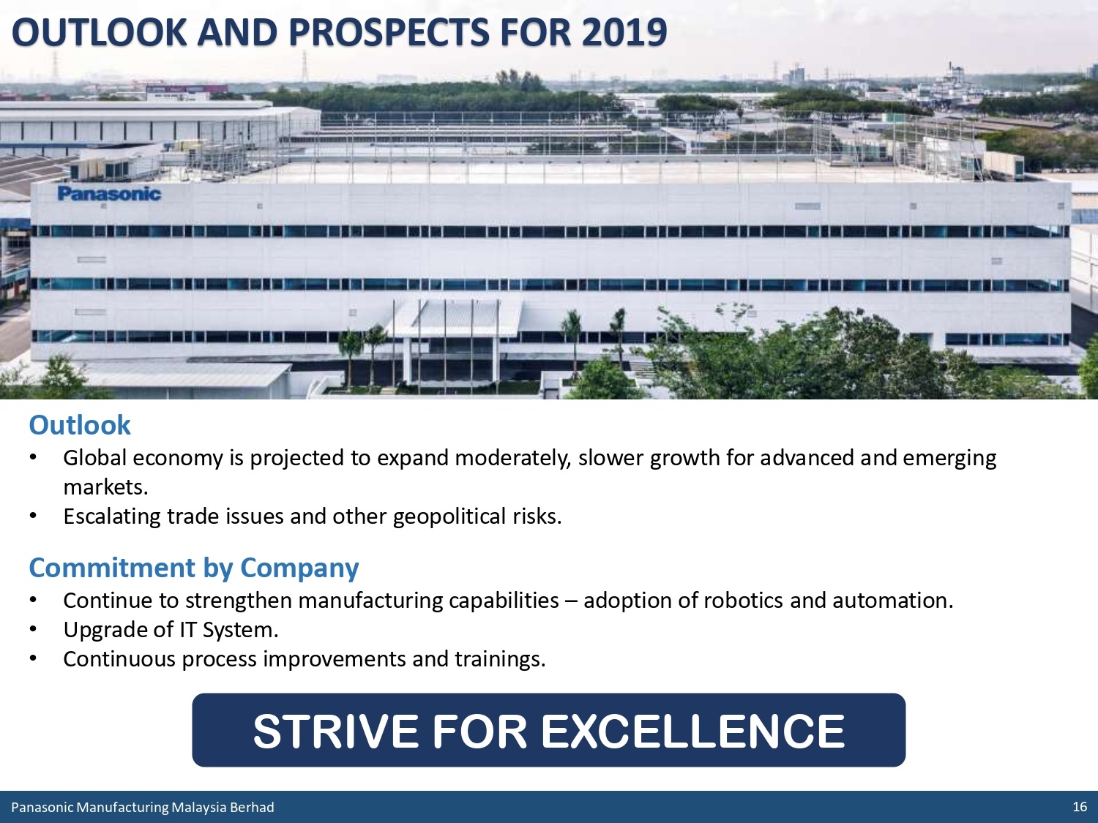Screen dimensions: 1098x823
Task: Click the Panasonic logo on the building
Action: [x=109, y=193]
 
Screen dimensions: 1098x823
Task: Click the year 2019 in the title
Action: [x=624, y=32]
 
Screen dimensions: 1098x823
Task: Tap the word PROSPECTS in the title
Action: [x=389, y=32]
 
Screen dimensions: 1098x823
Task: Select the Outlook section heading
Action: [x=80, y=425]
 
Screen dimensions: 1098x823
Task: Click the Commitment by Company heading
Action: [x=194, y=568]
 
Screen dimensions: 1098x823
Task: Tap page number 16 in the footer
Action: [x=1080, y=806]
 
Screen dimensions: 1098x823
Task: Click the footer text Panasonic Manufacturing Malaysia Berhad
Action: [x=143, y=807]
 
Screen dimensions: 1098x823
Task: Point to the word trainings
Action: [x=500, y=659]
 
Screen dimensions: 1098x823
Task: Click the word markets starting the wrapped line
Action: [x=105, y=486]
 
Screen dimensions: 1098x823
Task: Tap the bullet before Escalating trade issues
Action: [x=34, y=516]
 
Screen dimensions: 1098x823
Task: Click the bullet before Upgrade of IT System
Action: [x=34, y=629]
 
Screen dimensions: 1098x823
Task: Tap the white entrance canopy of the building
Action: [x=455, y=316]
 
